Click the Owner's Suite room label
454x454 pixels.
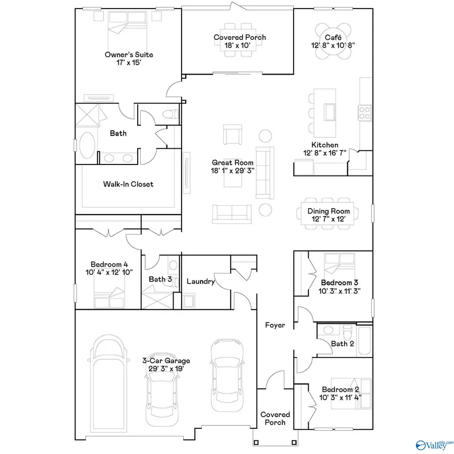click(129, 54)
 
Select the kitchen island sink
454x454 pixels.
click(331, 110)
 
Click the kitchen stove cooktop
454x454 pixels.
click(364, 112)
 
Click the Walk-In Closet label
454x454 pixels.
click(128, 184)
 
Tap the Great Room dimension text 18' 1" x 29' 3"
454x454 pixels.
click(233, 171)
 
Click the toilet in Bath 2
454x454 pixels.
click(347, 332)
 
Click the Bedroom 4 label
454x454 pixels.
click(106, 264)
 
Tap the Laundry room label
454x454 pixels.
click(201, 281)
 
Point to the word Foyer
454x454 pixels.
click(275, 325)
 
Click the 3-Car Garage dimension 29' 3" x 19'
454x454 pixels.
click(166, 369)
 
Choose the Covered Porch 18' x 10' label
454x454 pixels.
click(240, 41)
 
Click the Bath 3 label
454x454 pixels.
click(160, 278)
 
